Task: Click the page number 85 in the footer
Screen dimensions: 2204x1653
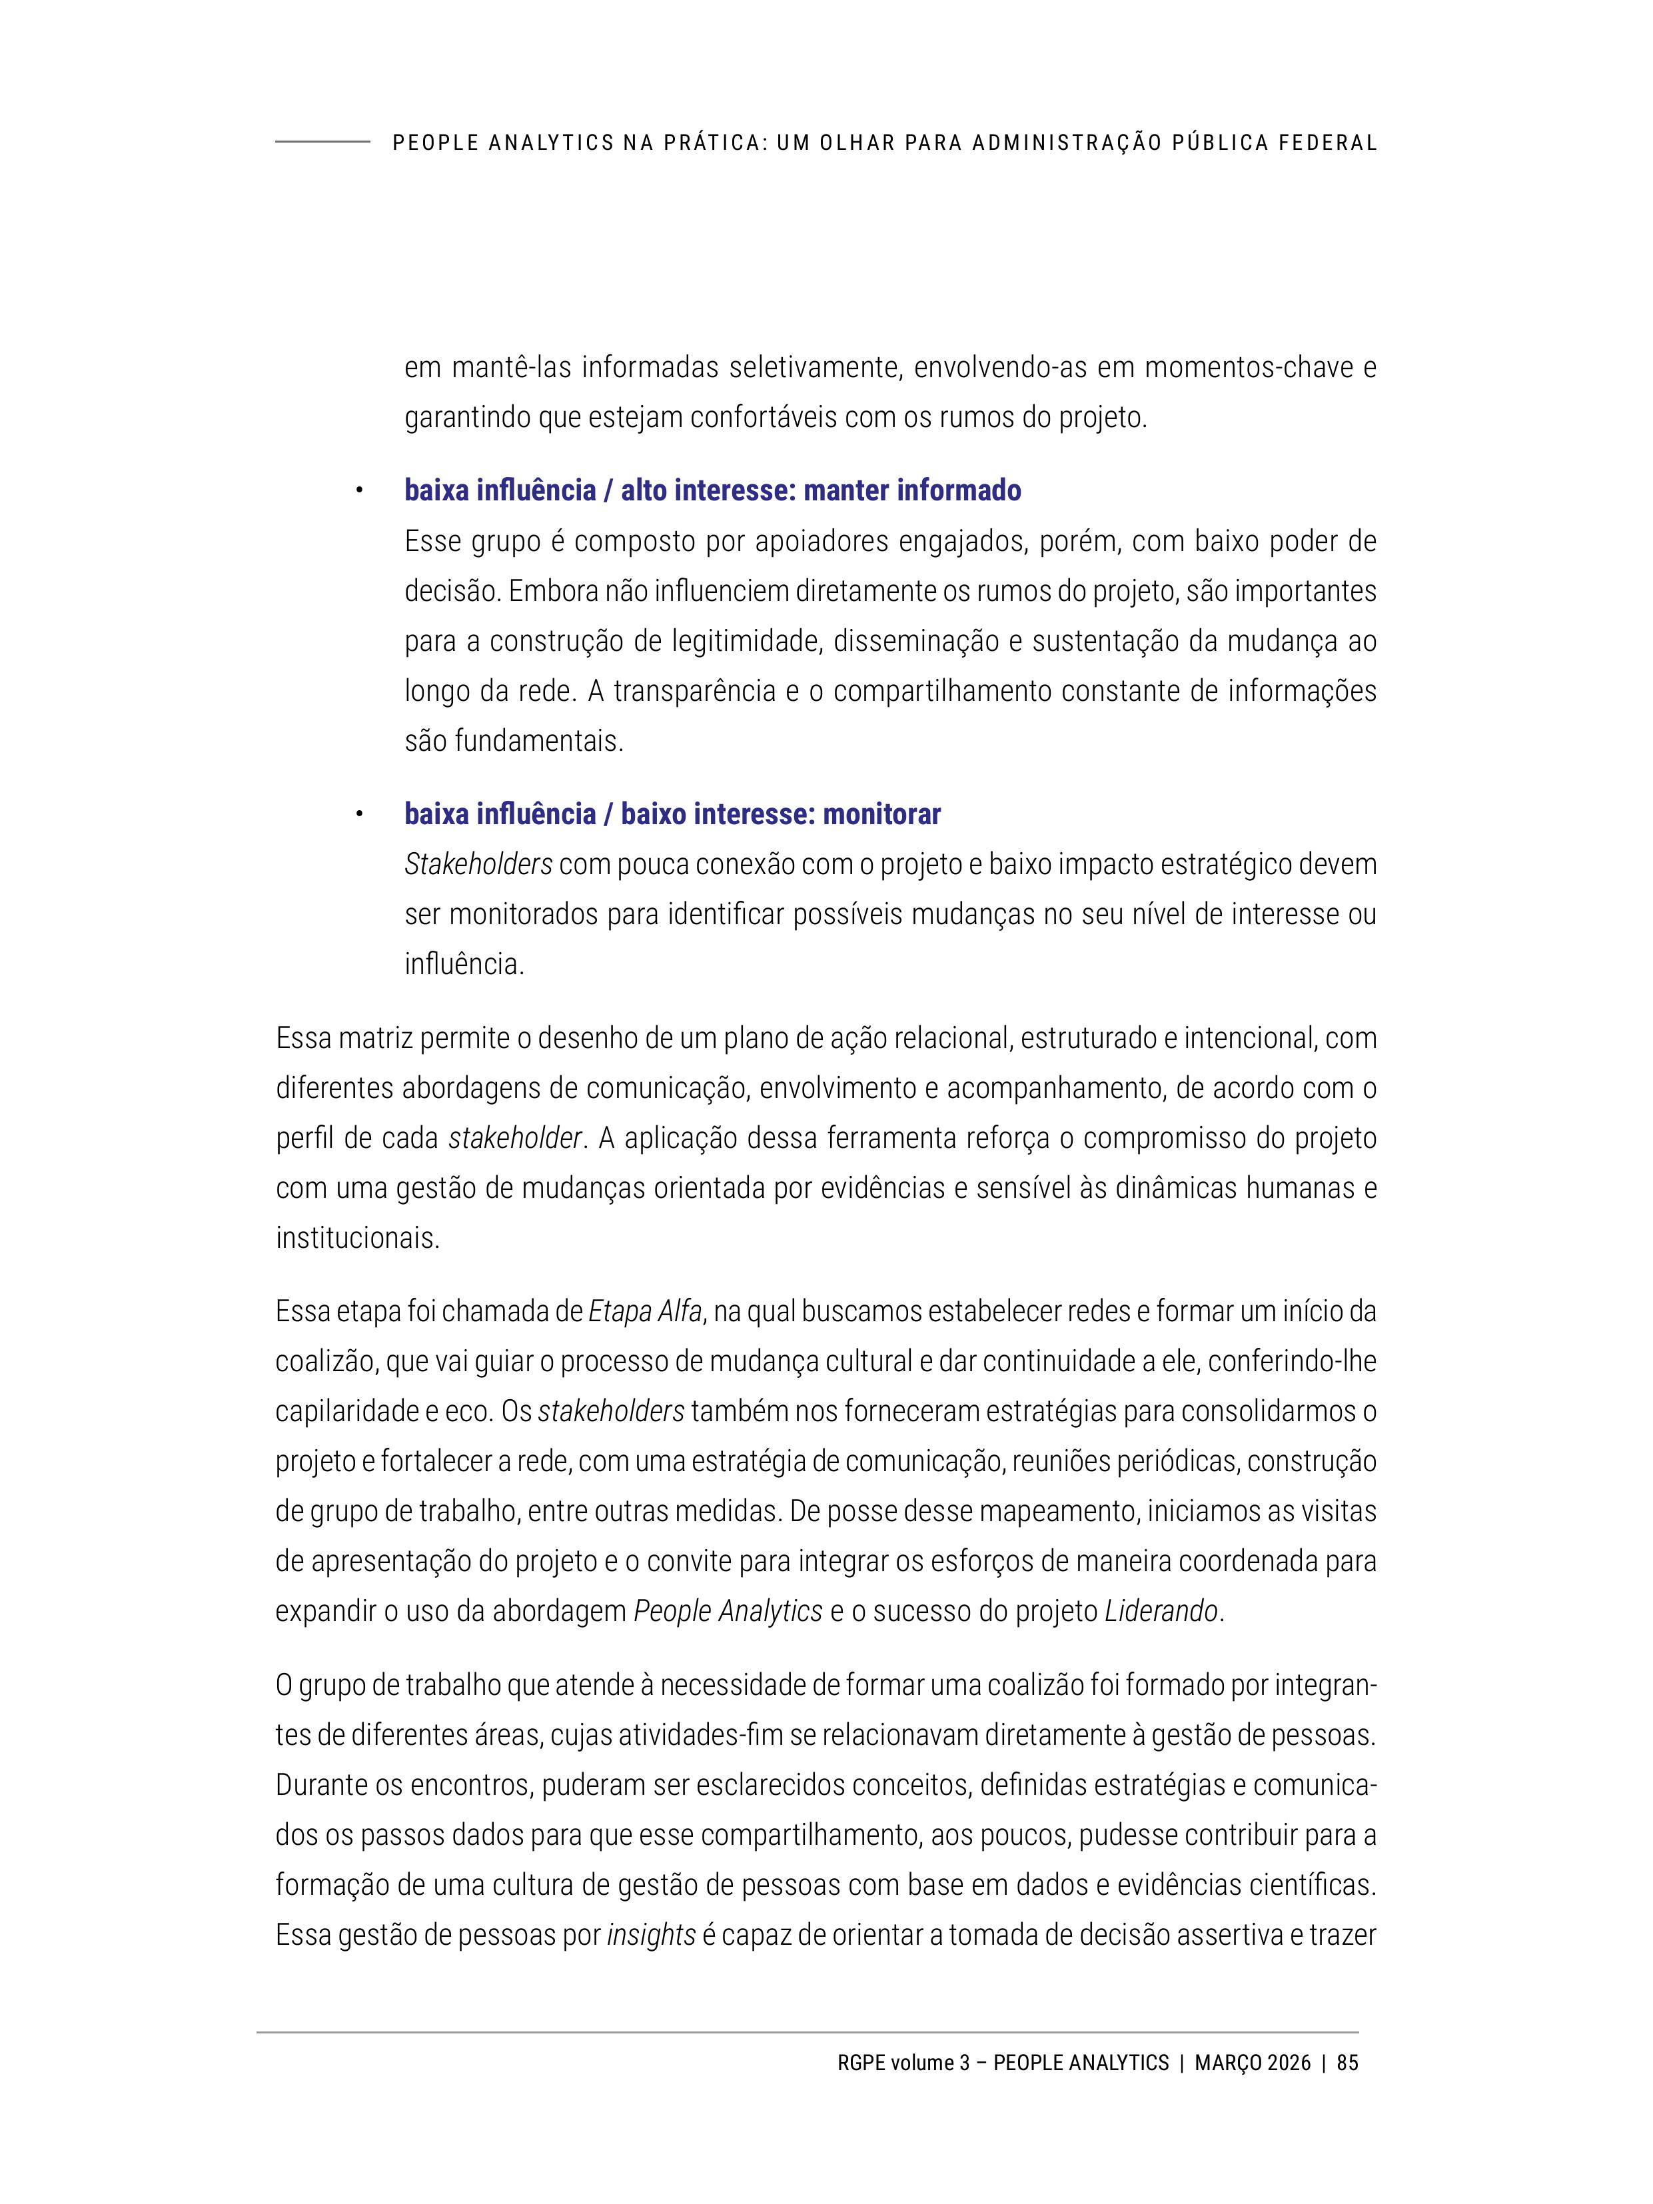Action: click(x=1347, y=2063)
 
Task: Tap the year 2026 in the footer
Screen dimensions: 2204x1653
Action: click(x=1289, y=2063)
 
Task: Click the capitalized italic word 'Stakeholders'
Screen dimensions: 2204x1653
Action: click(x=478, y=864)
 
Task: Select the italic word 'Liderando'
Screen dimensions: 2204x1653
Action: click(x=1161, y=1610)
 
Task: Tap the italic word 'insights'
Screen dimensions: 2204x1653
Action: click(x=651, y=1935)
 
